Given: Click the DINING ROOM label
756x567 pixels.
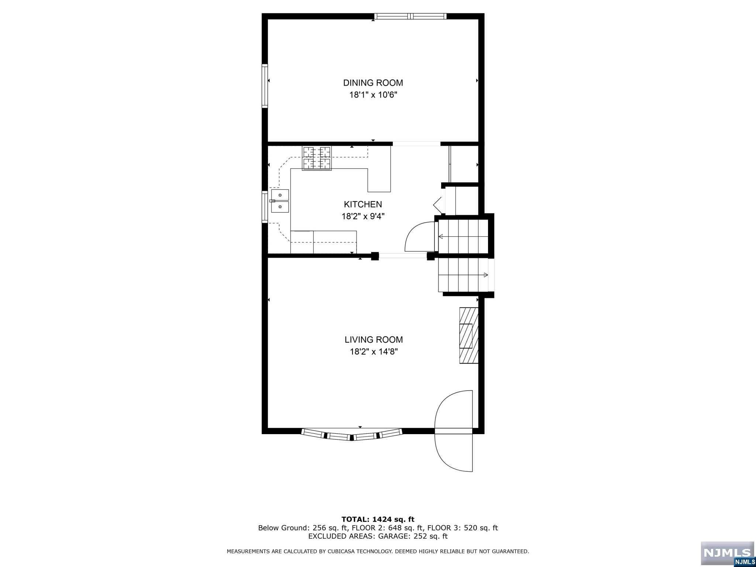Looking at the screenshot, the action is click(373, 83).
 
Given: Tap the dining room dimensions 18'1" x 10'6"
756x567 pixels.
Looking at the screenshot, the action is click(373, 95).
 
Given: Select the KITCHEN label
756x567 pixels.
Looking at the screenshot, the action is click(363, 204).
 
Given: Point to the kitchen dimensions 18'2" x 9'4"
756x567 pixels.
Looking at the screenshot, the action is click(363, 216).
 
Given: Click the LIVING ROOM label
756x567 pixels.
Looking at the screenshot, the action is click(374, 340).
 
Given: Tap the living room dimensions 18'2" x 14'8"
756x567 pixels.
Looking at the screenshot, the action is click(374, 352).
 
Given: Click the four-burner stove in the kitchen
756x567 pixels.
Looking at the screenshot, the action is click(317, 158).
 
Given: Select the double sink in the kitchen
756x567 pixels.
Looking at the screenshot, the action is click(280, 201).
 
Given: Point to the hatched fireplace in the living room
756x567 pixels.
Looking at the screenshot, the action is click(469, 335).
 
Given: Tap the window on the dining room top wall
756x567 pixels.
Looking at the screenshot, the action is click(410, 16).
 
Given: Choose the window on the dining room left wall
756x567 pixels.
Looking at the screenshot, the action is click(265, 86).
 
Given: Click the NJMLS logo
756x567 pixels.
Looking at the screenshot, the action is click(727, 554).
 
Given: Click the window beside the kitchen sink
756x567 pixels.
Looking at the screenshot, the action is click(265, 207).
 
